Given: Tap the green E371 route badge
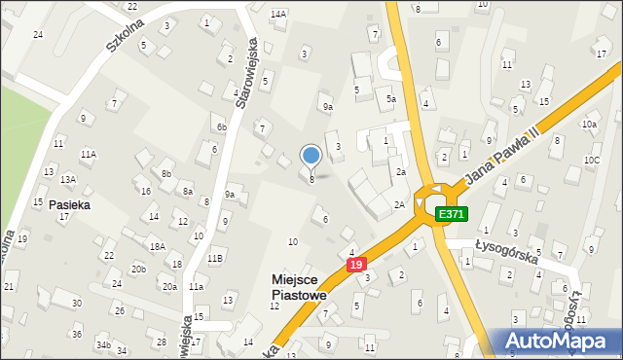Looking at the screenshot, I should (x=450, y=214).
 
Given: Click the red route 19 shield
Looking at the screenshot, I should (x=356, y=265).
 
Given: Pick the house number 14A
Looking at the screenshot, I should (x=278, y=14).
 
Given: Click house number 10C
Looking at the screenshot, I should (x=592, y=160).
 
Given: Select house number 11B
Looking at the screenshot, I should (x=215, y=257).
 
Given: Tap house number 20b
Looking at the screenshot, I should (x=139, y=269).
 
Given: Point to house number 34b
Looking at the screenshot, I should (x=102, y=345).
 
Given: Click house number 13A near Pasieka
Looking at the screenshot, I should (x=68, y=180).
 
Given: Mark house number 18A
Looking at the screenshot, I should (x=156, y=246).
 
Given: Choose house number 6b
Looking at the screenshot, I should (x=222, y=127).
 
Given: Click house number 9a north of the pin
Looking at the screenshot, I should (x=328, y=107).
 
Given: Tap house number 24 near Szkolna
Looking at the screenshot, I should (x=38, y=34).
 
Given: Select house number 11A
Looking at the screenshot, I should (x=89, y=154).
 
